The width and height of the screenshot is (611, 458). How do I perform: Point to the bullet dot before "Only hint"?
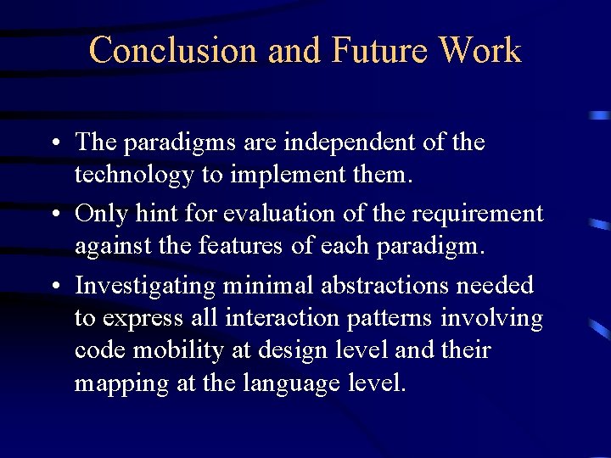[x=53, y=215]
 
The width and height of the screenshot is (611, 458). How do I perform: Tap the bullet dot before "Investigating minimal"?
[x=53, y=287]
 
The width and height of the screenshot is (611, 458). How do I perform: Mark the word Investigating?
[x=145, y=287]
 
